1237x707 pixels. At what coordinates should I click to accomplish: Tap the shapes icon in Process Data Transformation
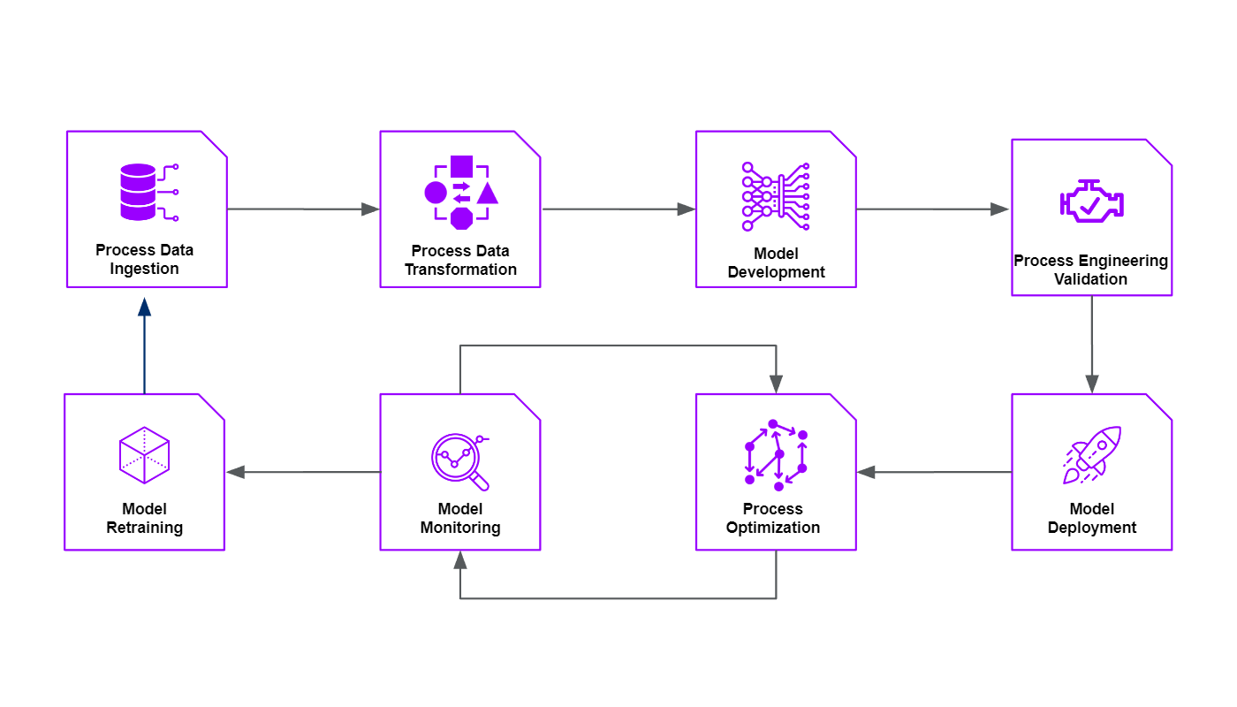coord(461,192)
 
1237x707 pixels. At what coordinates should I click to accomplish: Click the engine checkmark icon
coord(1092,201)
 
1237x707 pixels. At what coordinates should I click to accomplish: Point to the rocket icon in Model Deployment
coord(1092,455)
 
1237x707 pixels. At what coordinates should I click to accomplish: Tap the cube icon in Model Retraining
coord(144,455)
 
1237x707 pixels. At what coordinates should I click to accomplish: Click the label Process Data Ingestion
coord(145,259)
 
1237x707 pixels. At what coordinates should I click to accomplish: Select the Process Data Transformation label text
coord(460,260)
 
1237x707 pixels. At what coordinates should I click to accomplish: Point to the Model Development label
coord(776,262)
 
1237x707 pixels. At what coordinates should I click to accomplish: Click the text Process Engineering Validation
coord(1091,270)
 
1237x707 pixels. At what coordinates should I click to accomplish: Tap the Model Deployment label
coord(1092,518)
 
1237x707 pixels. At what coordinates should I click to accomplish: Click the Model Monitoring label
coord(460,518)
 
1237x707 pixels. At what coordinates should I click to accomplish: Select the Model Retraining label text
coord(145,518)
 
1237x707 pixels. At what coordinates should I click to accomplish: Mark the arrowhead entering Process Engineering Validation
coord(999,209)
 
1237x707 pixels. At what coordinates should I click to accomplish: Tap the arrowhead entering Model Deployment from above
coord(1092,384)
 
